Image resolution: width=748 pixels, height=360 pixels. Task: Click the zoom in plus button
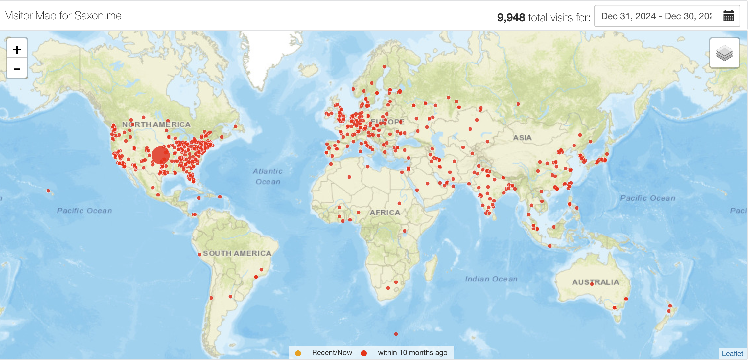[17, 49]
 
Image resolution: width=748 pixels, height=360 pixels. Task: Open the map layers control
[724, 53]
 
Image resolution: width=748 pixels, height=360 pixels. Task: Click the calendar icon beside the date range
[728, 16]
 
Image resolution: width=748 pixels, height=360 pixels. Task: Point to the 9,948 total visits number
[511, 17]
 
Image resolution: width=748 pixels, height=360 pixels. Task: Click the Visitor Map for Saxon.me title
[63, 16]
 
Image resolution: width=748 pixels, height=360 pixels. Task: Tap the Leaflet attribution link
[732, 353]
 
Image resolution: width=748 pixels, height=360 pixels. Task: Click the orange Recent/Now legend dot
[298, 353]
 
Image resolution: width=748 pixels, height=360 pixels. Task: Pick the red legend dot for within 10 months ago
[364, 353]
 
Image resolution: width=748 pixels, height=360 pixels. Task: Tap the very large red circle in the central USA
[160, 155]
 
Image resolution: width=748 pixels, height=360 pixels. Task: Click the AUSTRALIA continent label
[596, 282]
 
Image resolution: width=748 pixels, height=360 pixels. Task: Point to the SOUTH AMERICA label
[237, 253]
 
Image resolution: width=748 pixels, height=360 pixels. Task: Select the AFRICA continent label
[385, 213]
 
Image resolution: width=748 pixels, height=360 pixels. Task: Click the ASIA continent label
[522, 138]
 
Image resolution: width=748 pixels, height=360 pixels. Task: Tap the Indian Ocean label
[491, 279]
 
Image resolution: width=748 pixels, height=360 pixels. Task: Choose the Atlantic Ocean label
[268, 176]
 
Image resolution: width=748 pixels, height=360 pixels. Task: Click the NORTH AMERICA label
[156, 124]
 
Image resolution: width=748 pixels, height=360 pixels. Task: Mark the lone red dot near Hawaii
[48, 191]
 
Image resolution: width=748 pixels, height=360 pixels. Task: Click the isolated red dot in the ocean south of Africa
[396, 334]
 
